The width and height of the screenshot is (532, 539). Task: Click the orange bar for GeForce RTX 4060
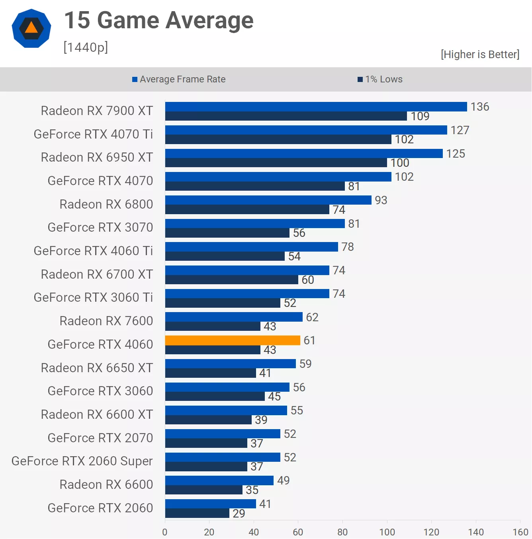click(233, 340)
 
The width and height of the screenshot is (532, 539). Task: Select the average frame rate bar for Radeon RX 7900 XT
click(316, 107)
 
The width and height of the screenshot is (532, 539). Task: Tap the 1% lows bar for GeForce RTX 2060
click(197, 514)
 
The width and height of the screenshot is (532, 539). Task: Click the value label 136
click(479, 107)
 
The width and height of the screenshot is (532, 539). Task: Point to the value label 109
click(420, 116)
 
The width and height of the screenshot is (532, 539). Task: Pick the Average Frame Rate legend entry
click(179, 79)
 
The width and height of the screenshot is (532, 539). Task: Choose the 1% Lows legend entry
click(380, 79)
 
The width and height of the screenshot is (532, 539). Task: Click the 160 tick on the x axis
click(520, 532)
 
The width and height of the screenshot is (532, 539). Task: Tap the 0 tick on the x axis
click(165, 532)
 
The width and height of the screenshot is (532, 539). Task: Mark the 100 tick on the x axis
click(387, 532)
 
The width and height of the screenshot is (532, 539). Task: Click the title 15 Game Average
click(158, 20)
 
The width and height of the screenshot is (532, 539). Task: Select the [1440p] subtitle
click(86, 47)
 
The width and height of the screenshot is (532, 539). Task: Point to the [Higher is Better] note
click(480, 54)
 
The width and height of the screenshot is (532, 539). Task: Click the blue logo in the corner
click(31, 28)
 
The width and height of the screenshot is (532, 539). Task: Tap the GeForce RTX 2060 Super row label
click(82, 461)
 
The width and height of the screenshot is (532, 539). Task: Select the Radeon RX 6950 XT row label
click(97, 157)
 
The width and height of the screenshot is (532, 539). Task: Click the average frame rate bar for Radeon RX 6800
click(268, 200)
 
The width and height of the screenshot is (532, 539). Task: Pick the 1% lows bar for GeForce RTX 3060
click(215, 396)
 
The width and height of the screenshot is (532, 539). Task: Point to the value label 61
click(309, 340)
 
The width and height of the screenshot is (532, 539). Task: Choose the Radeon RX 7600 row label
click(106, 321)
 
